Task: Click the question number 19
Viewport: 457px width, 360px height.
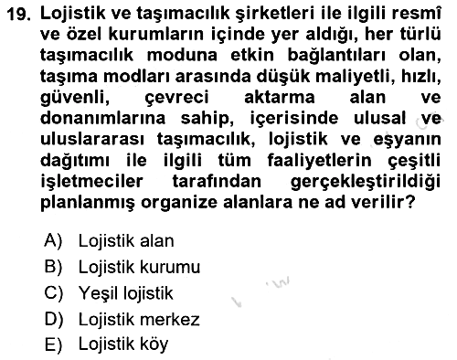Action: (18, 14)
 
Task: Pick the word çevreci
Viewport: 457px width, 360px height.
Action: (176, 98)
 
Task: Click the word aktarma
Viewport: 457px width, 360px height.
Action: (280, 98)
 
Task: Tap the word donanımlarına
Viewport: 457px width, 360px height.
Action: (102, 118)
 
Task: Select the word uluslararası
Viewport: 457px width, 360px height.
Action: (92, 139)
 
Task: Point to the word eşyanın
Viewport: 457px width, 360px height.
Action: (407, 140)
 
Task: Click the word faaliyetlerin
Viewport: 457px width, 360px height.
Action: (320, 161)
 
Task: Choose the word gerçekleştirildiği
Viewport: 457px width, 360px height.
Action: (366, 182)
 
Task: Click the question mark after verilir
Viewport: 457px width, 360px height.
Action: (411, 202)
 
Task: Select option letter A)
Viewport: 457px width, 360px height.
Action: (53, 240)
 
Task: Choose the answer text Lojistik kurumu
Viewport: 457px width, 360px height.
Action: (139, 268)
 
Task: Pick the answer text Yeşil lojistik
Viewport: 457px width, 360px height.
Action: (126, 293)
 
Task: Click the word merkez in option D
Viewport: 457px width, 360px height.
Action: (170, 320)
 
